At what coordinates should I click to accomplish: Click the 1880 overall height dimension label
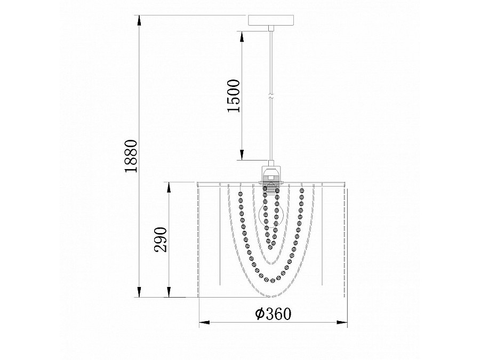click(x=131, y=156)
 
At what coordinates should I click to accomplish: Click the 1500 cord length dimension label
click(x=234, y=96)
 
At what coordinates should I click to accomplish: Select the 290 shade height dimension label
click(x=161, y=239)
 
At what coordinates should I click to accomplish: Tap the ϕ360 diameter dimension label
click(x=274, y=314)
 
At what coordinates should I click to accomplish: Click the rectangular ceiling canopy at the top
click(x=271, y=20)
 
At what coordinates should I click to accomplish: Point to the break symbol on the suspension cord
click(x=271, y=94)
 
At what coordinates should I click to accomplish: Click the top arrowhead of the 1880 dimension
click(x=139, y=20)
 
